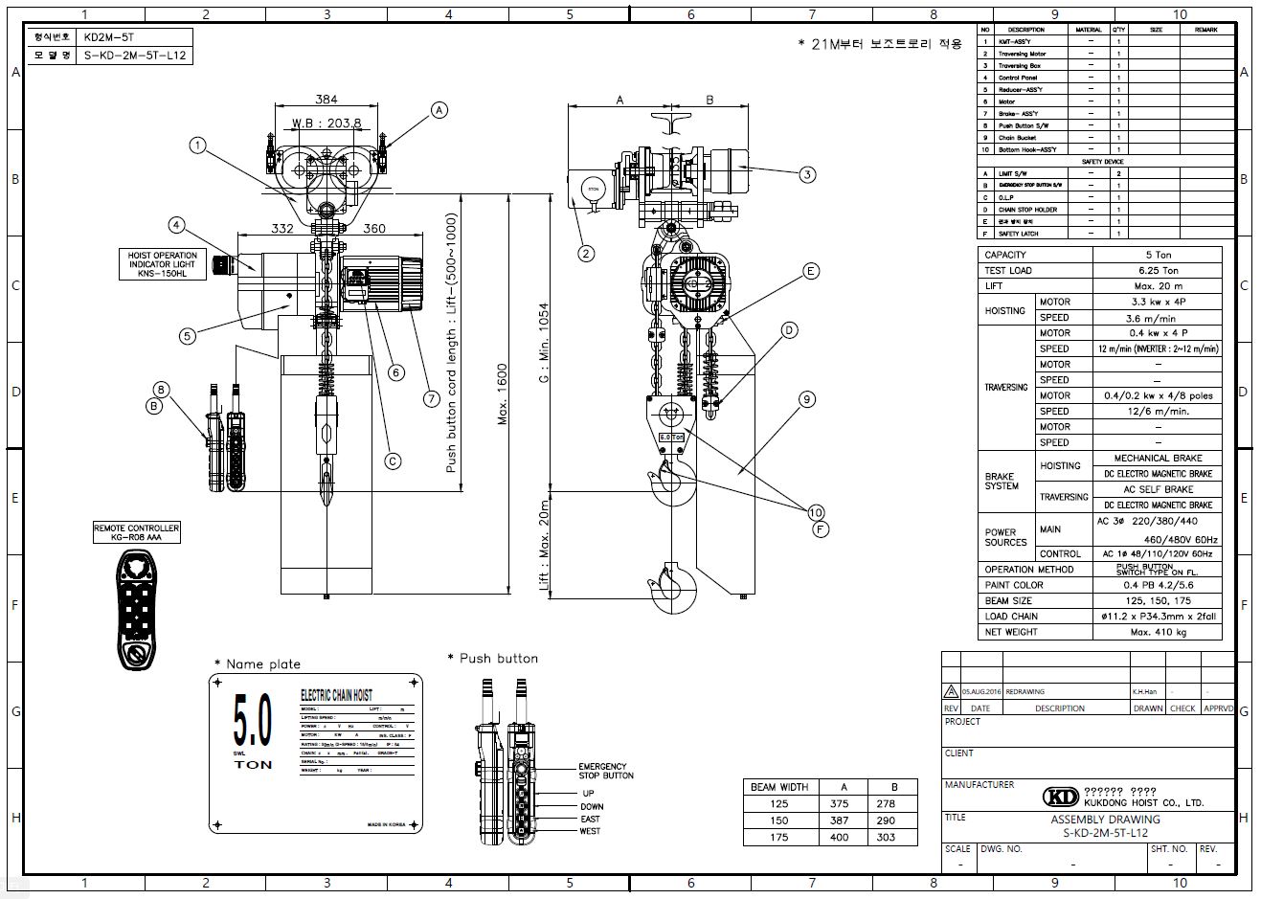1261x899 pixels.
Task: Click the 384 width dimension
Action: tap(327, 100)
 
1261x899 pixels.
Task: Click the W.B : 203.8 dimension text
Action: tap(327, 123)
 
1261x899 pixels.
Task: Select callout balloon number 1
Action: tap(198, 146)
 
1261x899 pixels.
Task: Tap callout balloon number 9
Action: tap(807, 399)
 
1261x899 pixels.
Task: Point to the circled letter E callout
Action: tap(811, 272)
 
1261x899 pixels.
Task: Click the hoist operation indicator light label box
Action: tap(162, 264)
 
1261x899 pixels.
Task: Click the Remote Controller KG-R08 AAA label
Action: tap(136, 533)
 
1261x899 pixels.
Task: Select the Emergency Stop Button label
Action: tap(602, 771)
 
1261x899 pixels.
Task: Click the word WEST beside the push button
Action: tap(590, 831)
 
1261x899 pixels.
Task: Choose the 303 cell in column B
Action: tap(886, 837)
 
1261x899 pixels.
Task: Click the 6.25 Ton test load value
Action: tap(1157, 271)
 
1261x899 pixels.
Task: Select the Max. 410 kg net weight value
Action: tap(1157, 632)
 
